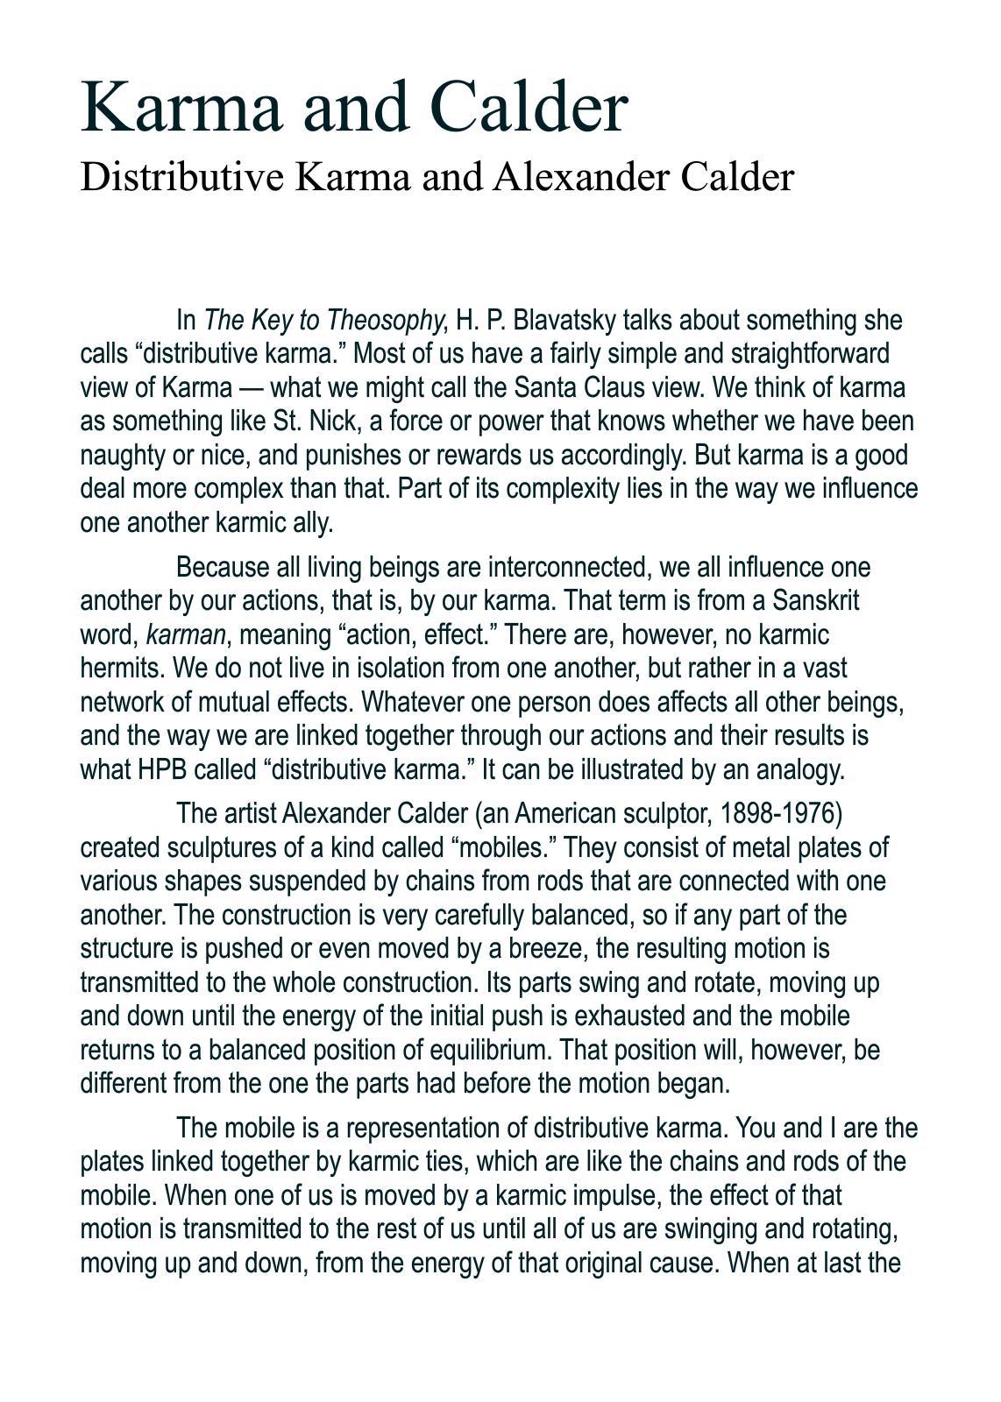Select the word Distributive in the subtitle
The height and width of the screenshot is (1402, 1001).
point(183,178)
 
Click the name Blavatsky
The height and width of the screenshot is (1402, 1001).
point(564,321)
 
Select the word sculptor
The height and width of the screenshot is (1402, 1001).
point(666,814)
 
